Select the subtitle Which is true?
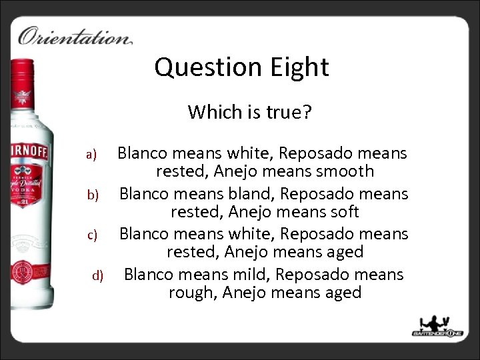[x=249, y=111]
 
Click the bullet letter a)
[x=92, y=155]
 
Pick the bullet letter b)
[x=92, y=195]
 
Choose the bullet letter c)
[x=92, y=235]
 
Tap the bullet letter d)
[x=97, y=275]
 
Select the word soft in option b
[x=343, y=212]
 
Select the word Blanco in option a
[x=142, y=153]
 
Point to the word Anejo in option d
[x=248, y=292]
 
